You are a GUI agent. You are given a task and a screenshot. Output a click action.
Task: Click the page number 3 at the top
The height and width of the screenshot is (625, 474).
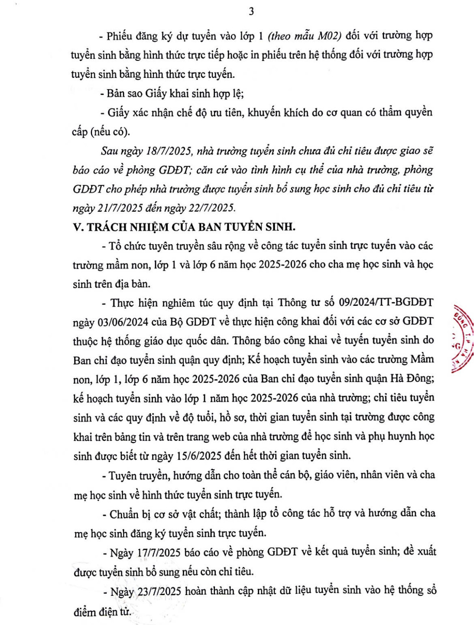point(251,12)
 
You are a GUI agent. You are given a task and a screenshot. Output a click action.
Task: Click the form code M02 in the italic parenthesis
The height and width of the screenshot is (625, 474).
point(329,35)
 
